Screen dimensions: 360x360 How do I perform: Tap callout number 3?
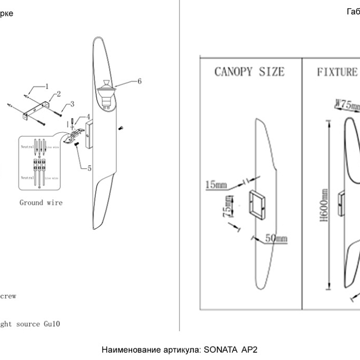click(x=72, y=103)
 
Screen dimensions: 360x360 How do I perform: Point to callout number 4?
click(x=88, y=117)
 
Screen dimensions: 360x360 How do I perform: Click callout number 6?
click(x=139, y=81)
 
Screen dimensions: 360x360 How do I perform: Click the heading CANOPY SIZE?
click(x=249, y=72)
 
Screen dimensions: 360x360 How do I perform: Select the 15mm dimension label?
click(x=215, y=185)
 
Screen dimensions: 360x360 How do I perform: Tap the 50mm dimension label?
click(x=276, y=239)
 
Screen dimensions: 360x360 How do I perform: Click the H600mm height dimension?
click(x=324, y=205)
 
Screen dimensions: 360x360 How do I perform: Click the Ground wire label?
click(x=41, y=203)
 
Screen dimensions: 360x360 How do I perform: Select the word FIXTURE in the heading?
click(x=337, y=72)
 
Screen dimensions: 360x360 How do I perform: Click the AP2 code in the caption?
click(x=248, y=350)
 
